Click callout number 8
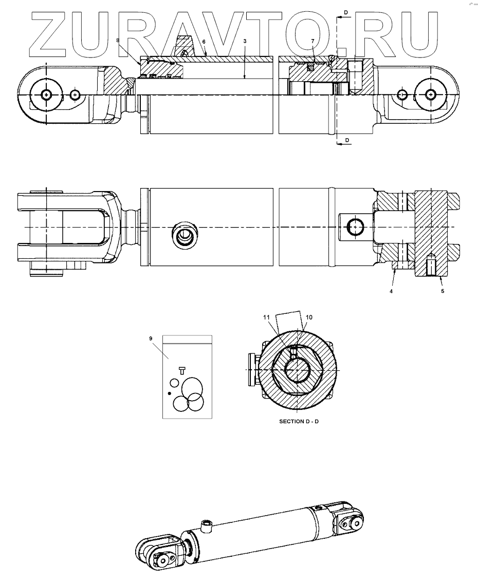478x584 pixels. (x=118, y=40)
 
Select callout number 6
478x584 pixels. (x=204, y=41)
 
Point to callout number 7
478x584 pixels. (x=312, y=41)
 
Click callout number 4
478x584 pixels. (x=391, y=291)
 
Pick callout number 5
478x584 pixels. (x=442, y=291)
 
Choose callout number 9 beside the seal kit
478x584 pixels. (x=151, y=338)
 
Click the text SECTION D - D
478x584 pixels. (x=299, y=421)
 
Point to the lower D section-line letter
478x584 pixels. (x=346, y=140)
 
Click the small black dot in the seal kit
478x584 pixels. (x=169, y=393)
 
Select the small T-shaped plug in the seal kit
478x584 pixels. (x=181, y=369)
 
